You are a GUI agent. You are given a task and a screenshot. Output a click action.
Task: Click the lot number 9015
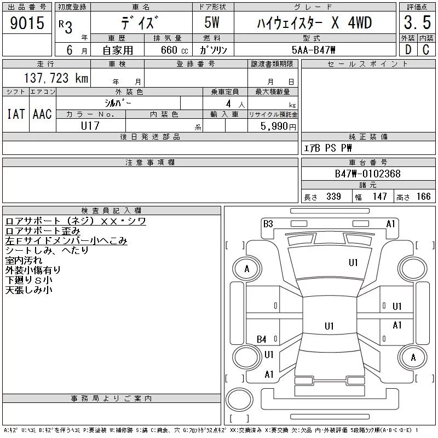[27, 23]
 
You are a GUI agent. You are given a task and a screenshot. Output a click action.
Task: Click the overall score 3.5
[417, 22]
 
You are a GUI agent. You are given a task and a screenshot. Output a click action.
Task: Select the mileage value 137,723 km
[56, 78]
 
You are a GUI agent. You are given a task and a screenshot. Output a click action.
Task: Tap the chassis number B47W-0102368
[367, 174]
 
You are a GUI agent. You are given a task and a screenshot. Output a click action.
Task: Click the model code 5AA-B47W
[313, 50]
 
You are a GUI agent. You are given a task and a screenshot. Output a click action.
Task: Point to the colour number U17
[90, 126]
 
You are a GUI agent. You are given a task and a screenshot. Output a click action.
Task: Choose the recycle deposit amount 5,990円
[278, 126]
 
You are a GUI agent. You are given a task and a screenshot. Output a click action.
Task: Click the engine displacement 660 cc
[174, 50]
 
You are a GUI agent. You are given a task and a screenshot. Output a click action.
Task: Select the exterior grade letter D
[408, 50]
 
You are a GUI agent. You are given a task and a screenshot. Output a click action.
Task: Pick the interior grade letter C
[426, 50]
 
